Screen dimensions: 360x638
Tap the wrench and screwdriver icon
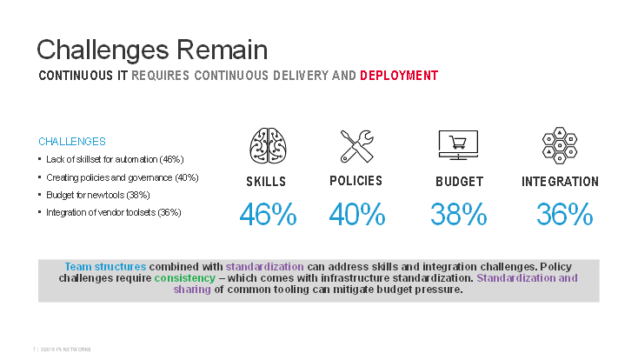click(356, 145)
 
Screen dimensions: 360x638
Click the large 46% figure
click(268, 215)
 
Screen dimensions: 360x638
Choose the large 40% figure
click(356, 215)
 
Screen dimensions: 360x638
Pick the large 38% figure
click(458, 215)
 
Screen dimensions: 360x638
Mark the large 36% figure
click(564, 215)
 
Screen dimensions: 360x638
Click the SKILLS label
click(266, 182)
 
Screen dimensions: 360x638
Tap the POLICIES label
click(356, 181)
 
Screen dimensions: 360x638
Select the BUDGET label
click(459, 182)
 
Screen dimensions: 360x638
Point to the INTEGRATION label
click(560, 182)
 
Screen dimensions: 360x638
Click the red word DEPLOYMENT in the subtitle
click(399, 76)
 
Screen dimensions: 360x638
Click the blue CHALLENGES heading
click(72, 141)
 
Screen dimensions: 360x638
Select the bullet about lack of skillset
click(114, 159)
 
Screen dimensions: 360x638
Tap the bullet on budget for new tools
click(97, 194)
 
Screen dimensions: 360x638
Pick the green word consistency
click(183, 278)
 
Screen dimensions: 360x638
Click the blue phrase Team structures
click(105, 266)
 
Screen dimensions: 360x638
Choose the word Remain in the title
click(221, 48)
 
